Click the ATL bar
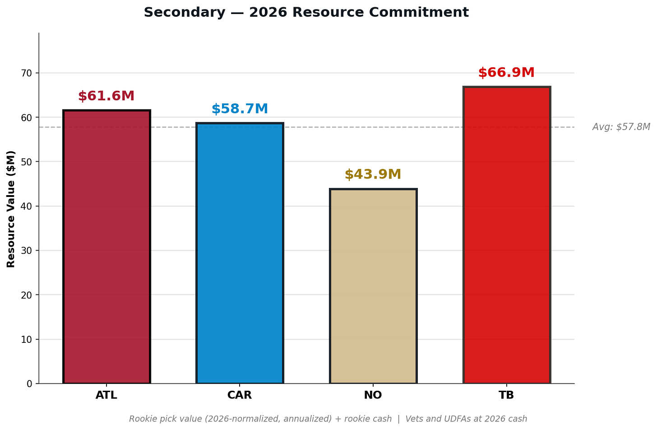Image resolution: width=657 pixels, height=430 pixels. [x=107, y=247]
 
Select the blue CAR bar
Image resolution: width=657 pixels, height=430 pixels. [x=240, y=253]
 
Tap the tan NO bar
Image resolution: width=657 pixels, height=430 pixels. [x=373, y=286]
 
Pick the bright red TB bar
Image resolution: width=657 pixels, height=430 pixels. [x=507, y=235]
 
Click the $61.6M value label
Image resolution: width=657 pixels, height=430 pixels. [x=106, y=96]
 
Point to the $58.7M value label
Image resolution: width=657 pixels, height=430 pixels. [x=240, y=109]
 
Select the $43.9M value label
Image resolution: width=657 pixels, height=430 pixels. [x=373, y=174]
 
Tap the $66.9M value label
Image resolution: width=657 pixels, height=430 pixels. [x=507, y=73]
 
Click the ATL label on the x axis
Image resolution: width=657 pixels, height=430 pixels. [x=106, y=395]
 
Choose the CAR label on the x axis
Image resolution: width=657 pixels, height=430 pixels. [x=240, y=395]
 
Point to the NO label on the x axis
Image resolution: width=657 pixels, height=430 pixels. [x=373, y=395]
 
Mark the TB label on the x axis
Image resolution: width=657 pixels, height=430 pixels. [x=507, y=395]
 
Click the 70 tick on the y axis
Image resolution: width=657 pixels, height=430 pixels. [x=26, y=73]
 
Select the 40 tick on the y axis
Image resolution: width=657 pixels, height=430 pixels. [x=26, y=206]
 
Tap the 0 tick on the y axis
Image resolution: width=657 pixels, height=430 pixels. [x=29, y=384]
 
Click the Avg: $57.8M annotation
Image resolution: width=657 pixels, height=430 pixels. [x=621, y=127]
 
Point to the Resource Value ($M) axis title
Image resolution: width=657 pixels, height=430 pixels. [x=11, y=209]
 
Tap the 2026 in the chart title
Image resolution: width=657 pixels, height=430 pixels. [x=268, y=12]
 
